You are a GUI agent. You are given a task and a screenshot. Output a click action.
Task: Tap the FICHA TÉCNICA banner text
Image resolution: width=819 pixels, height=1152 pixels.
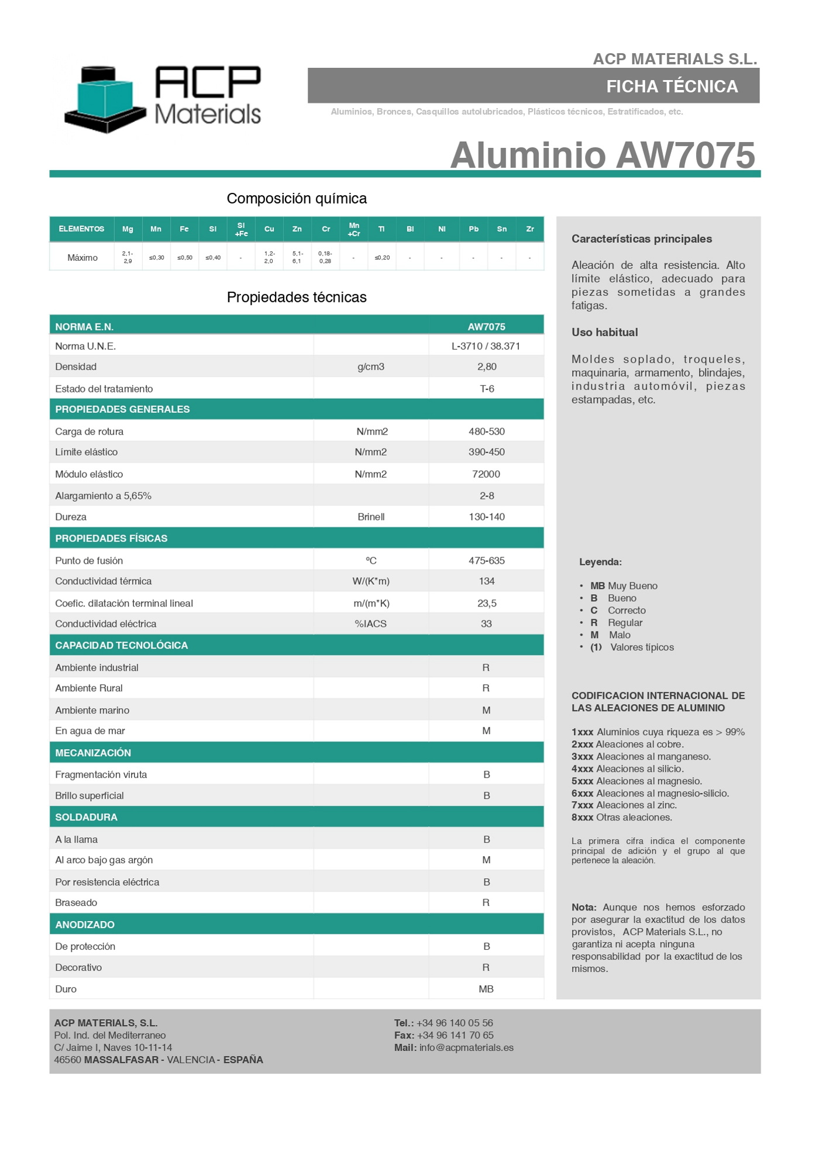[x=672, y=87]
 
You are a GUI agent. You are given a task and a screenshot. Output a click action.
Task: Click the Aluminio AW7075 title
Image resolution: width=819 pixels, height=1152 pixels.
[x=603, y=155]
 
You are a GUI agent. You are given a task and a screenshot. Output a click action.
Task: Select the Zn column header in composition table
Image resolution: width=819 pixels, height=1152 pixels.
[x=297, y=229]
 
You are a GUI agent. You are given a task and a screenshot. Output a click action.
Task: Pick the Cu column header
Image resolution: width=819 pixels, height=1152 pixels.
[x=269, y=229]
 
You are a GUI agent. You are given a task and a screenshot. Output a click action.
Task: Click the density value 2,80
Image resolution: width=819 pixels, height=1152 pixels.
[x=487, y=367]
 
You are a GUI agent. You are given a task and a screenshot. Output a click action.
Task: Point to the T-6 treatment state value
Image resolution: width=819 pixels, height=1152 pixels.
[x=487, y=389]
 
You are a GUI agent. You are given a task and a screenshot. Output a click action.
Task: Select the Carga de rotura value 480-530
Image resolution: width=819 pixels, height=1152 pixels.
[x=487, y=432]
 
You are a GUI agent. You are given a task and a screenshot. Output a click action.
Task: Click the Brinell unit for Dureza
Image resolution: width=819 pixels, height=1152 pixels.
[x=371, y=517]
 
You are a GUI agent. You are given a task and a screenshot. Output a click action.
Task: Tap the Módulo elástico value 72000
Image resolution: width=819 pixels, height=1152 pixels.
[x=486, y=474]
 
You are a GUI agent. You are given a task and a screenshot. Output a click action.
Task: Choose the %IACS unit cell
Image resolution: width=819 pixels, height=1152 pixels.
[x=371, y=624]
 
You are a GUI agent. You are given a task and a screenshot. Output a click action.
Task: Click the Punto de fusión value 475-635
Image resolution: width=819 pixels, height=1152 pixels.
[x=487, y=561]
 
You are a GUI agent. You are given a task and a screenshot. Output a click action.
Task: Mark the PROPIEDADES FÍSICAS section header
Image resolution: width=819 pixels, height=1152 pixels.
[x=111, y=539]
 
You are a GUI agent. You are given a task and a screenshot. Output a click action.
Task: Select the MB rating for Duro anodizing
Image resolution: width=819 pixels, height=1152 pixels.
[x=486, y=989]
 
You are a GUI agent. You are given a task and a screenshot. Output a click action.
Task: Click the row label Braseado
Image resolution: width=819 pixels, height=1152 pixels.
[x=76, y=903]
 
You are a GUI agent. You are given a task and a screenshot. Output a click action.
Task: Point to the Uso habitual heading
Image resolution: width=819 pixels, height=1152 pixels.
[x=605, y=332]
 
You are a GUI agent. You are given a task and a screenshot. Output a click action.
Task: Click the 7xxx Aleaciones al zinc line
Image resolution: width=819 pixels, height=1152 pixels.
[x=624, y=805]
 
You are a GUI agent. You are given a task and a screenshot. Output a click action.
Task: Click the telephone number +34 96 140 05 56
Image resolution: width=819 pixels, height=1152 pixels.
[x=455, y=1023]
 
